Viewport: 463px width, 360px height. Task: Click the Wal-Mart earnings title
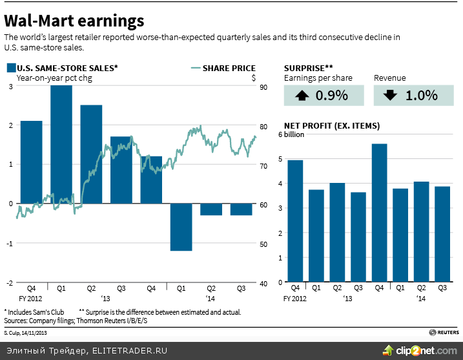point(74,21)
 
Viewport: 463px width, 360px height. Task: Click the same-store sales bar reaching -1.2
point(181,227)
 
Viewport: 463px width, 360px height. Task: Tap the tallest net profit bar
point(379,213)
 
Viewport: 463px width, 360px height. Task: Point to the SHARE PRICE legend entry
point(223,68)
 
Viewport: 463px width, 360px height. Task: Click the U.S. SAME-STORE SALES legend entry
point(62,68)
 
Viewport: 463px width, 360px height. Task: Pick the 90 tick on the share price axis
point(265,87)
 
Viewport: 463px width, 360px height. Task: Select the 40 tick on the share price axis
point(265,283)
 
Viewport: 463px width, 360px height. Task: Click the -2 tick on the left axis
point(9,283)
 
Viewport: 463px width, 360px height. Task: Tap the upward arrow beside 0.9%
point(302,96)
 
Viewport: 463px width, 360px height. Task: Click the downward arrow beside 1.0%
point(389,96)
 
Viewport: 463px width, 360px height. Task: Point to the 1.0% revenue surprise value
point(422,96)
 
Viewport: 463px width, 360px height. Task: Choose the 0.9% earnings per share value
point(332,96)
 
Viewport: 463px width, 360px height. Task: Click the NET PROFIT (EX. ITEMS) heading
point(332,126)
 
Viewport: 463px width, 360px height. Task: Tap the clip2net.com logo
point(420,350)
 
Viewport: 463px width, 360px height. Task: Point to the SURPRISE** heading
point(309,68)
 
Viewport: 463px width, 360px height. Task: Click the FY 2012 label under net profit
point(296,298)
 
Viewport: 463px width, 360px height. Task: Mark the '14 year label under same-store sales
point(211,298)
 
